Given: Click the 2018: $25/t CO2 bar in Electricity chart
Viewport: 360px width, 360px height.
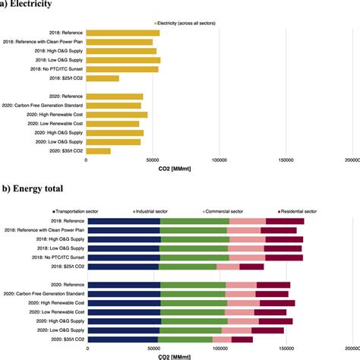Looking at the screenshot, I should (103, 78).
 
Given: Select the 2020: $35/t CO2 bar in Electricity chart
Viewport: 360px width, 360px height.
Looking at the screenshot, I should (99, 151).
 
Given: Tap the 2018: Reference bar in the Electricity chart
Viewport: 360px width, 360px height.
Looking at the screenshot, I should (123, 33).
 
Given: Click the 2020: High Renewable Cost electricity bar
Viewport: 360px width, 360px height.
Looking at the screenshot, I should (117, 115).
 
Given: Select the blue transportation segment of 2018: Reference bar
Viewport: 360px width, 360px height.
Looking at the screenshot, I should (124, 221).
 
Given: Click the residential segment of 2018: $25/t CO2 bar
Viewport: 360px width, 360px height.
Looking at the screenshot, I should (252, 267).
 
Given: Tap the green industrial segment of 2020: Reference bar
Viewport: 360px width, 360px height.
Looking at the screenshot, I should (193, 285).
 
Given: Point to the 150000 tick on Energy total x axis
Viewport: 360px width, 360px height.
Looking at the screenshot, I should (286, 349).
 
